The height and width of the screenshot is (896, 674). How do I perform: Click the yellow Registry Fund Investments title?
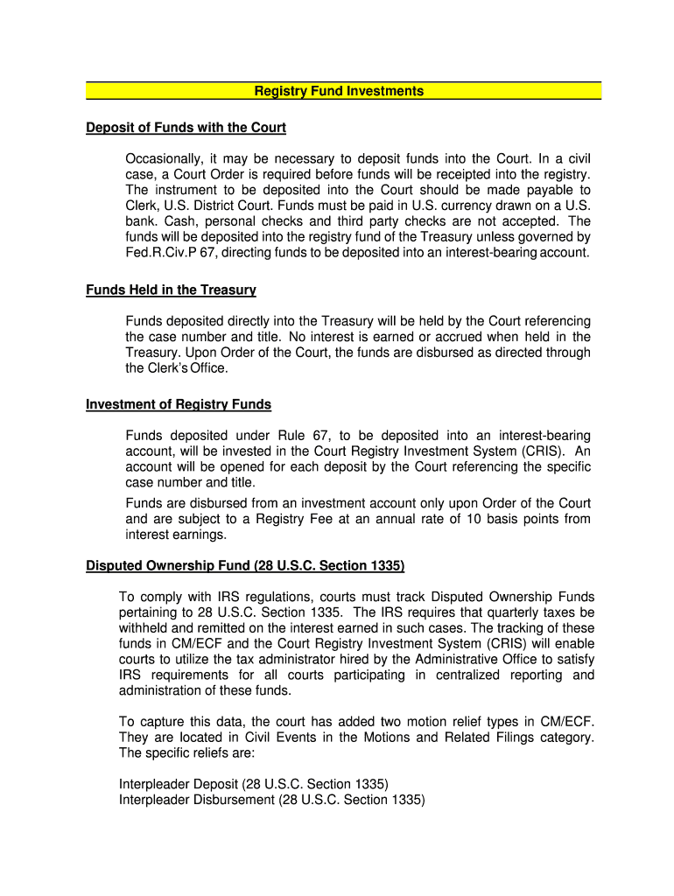(339, 91)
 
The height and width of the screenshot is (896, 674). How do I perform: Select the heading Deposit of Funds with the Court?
(186, 128)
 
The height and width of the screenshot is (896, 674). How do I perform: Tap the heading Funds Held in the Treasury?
(171, 290)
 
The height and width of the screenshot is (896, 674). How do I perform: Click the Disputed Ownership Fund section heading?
(245, 566)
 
